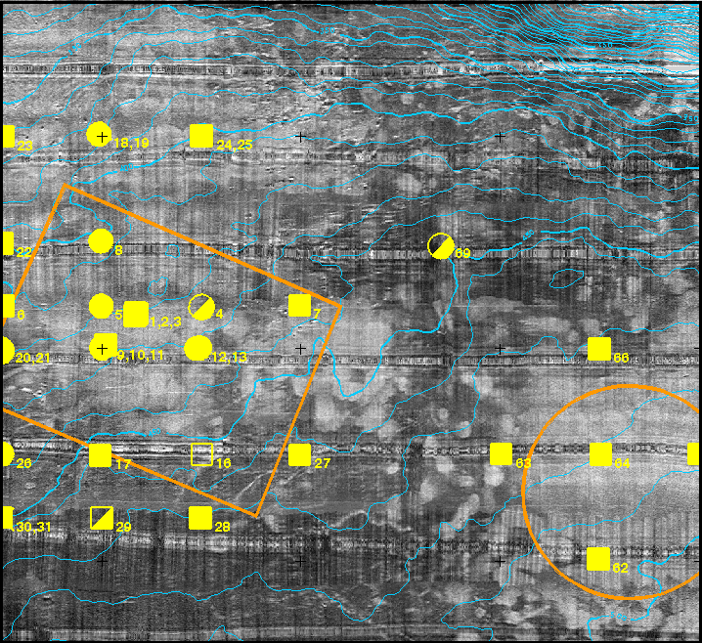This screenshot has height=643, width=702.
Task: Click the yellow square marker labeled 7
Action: click(300, 306)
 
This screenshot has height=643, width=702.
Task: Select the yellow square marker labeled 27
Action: click(300, 454)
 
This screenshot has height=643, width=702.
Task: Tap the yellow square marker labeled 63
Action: click(501, 453)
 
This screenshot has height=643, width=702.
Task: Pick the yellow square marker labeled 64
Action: click(600, 454)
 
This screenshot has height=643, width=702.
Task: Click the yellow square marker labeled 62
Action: click(598, 558)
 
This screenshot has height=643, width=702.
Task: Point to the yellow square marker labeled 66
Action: click(598, 349)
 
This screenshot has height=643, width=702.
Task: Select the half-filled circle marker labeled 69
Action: click(441, 246)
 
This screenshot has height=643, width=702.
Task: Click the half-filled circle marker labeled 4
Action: click(201, 307)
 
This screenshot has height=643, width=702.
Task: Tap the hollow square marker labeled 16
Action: click(201, 454)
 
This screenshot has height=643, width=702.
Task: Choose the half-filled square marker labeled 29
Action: click(101, 517)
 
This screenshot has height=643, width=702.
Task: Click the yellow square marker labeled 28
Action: click(200, 517)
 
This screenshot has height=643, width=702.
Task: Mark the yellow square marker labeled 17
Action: click(100, 454)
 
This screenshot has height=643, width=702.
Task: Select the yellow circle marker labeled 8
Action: click(101, 240)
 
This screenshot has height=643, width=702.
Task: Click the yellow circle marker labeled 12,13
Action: click(197, 348)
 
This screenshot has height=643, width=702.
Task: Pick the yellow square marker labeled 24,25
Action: click(201, 136)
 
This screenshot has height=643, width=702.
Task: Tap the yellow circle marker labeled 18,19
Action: click(100, 134)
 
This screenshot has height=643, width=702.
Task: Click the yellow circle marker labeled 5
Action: click(101, 306)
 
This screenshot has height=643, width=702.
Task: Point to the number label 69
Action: click(462, 254)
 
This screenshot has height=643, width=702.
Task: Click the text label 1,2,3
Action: click(166, 321)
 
